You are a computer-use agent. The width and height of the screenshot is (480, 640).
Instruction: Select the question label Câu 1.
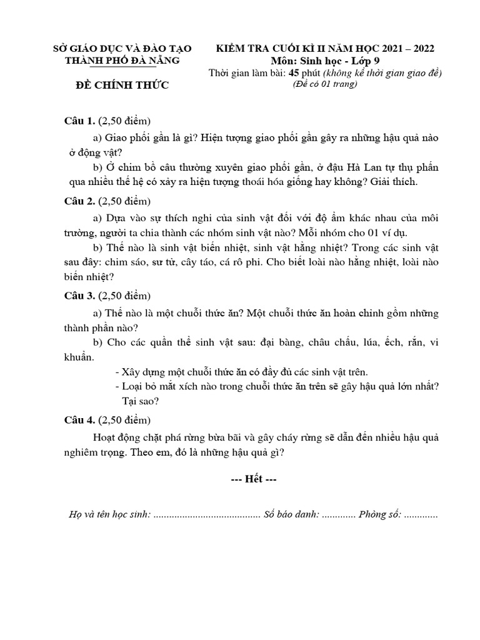(80, 120)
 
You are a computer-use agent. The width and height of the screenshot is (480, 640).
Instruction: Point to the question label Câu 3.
(80, 295)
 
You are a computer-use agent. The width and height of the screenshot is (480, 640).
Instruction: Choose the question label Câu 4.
(80, 420)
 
